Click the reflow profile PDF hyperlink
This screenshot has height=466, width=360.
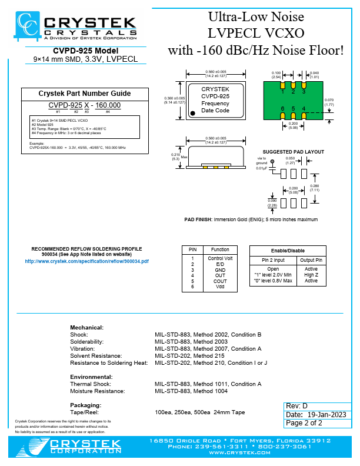86,260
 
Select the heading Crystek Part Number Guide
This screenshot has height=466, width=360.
84,94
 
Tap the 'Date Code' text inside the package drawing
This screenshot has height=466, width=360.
215,110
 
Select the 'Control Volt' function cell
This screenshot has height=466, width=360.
221,258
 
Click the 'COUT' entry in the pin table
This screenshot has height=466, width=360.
221,281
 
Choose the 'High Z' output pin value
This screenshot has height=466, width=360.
311,275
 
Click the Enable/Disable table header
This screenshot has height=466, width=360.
288,250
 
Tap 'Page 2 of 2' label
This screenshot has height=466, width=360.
305,423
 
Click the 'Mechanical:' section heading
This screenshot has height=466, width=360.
87,327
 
